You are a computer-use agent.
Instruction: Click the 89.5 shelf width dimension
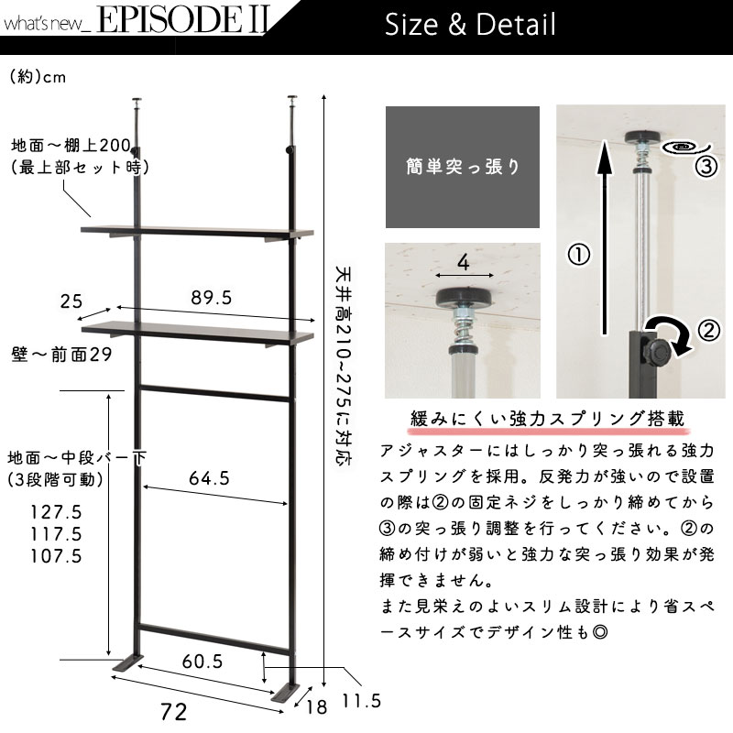click(x=212, y=298)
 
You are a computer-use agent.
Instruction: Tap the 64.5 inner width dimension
click(x=210, y=478)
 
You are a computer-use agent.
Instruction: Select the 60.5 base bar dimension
click(x=202, y=661)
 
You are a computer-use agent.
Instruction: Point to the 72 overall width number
click(x=173, y=712)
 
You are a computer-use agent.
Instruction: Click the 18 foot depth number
click(x=316, y=707)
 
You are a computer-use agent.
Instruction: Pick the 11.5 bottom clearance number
click(x=361, y=701)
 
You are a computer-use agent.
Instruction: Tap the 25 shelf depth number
click(x=71, y=301)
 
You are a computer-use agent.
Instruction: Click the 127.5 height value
click(x=56, y=512)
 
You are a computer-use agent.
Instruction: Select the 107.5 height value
click(x=56, y=556)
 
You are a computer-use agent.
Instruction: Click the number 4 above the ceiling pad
click(x=463, y=263)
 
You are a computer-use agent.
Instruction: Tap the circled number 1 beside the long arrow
click(x=578, y=255)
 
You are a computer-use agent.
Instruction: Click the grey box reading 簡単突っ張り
click(x=463, y=167)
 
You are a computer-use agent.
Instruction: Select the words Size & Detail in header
click(x=470, y=25)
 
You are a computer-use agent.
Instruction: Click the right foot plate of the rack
click(x=285, y=693)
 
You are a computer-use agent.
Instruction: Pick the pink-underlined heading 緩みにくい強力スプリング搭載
click(x=547, y=419)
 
